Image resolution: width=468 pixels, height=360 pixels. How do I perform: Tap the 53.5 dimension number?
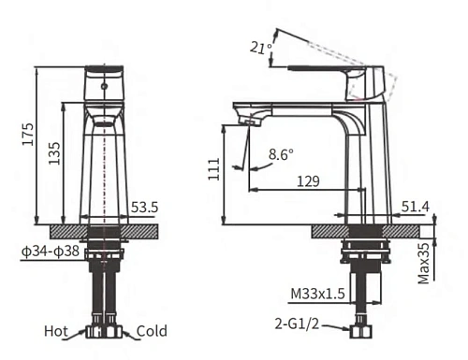(143, 208)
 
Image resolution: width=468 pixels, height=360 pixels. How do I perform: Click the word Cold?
(152, 331)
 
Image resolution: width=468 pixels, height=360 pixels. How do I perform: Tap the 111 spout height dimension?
(215, 168)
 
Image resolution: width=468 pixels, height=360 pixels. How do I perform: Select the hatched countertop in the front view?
(103, 229)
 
